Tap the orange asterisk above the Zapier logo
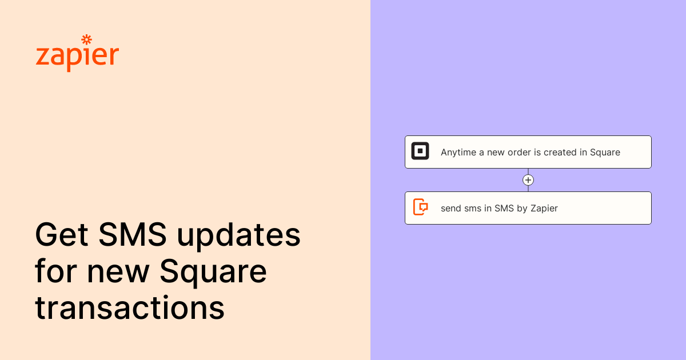[x=87, y=39]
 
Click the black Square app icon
[x=420, y=151]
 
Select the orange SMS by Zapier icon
[x=421, y=207]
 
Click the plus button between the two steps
[x=528, y=180]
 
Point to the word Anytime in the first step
[x=458, y=153]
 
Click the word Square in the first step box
[x=605, y=153]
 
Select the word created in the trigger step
[x=560, y=153]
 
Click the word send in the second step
[x=451, y=209]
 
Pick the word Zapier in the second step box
[x=544, y=209]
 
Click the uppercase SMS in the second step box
[x=504, y=209]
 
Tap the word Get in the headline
[x=62, y=234]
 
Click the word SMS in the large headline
[x=132, y=234]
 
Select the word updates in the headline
[x=238, y=235]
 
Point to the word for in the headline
[x=56, y=271]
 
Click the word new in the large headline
[x=118, y=273]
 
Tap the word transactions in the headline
[x=130, y=307]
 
